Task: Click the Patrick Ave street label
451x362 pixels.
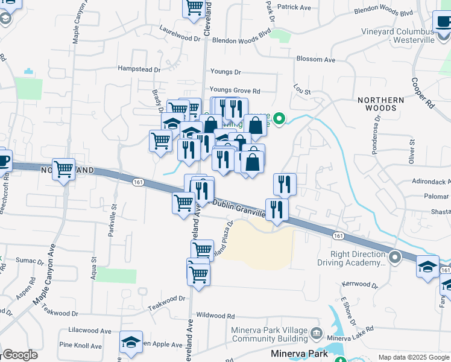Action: [295, 7]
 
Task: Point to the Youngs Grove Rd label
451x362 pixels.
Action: [235, 91]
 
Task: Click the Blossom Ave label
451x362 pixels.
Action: [315, 60]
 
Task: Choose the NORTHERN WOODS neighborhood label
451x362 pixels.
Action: [377, 104]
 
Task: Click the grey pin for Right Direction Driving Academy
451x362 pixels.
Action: [395, 257]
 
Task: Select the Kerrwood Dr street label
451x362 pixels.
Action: [359, 284]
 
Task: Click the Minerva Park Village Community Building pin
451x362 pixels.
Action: [318, 334]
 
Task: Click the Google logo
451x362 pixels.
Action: [20, 355]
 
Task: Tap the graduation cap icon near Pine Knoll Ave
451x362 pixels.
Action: [131, 342]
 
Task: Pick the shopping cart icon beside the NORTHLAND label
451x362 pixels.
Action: [63, 170]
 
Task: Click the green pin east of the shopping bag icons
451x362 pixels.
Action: [279, 118]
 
